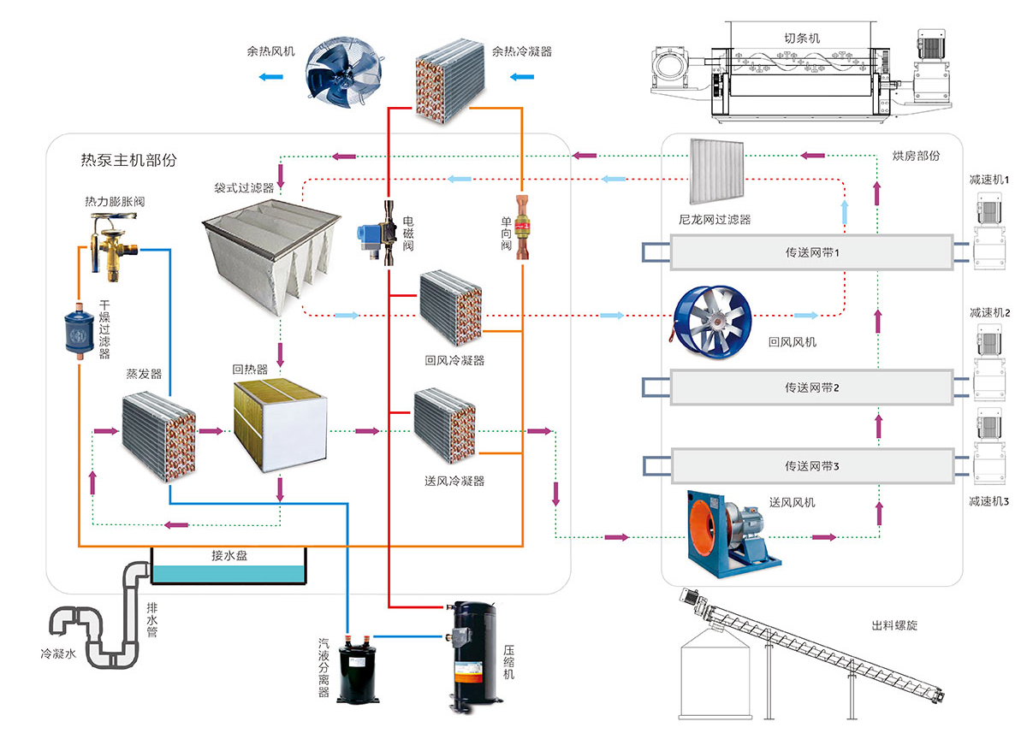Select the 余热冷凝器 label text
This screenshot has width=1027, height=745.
[x=522, y=51]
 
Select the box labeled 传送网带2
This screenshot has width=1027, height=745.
[x=811, y=387]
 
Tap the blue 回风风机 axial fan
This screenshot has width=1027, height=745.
[x=713, y=318]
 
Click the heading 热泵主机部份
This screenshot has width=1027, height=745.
[x=128, y=160]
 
